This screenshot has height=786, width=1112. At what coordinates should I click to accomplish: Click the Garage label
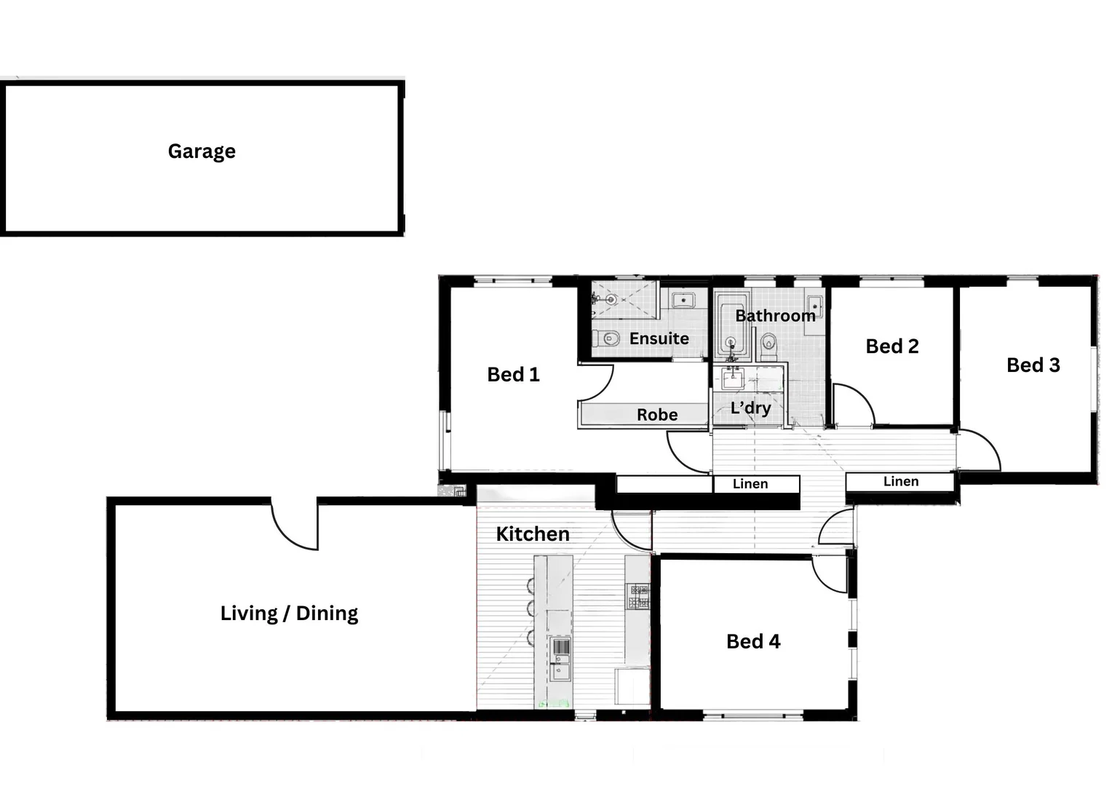click(x=202, y=151)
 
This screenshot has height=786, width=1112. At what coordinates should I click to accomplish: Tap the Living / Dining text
click(x=289, y=614)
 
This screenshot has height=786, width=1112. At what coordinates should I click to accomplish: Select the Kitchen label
click(x=532, y=534)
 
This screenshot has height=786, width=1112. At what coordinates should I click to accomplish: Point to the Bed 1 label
click(x=513, y=375)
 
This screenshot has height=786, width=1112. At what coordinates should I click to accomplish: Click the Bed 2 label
click(x=891, y=346)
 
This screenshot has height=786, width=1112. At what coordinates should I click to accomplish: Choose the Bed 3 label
click(x=1033, y=365)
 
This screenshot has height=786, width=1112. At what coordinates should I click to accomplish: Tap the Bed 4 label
click(x=752, y=641)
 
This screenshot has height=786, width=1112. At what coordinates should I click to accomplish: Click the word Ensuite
click(x=659, y=338)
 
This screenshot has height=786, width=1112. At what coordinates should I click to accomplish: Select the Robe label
click(x=656, y=415)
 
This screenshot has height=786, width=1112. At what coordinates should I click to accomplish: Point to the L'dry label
click(x=750, y=408)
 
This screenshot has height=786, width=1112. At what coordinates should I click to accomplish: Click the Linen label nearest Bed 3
click(x=900, y=481)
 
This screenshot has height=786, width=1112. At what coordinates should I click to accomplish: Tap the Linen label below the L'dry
click(x=750, y=484)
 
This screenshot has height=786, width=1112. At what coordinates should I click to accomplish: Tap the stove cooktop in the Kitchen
click(x=638, y=596)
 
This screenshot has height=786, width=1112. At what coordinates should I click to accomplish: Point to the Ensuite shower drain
click(x=611, y=299)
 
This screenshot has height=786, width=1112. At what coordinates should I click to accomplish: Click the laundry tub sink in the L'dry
click(x=732, y=379)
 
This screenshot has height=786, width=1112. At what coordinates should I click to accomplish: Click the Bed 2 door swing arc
click(x=853, y=405)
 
